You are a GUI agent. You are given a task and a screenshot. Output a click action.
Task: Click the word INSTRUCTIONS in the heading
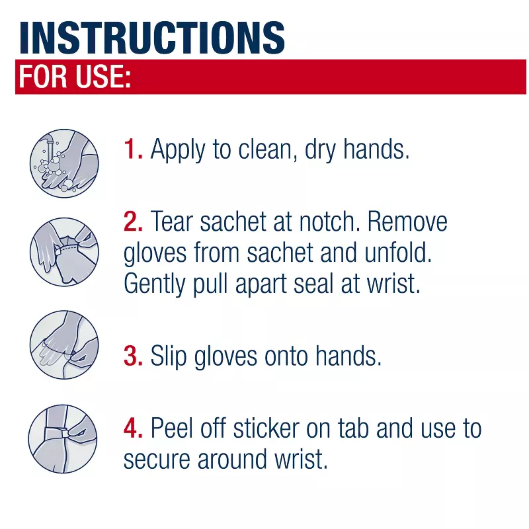tap(152, 38)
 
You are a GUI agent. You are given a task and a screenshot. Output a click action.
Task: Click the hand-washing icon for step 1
tap(64, 163)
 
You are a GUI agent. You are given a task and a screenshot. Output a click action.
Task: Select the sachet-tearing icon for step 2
tap(64, 252)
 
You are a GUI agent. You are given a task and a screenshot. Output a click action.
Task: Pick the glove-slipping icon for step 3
tap(64, 344)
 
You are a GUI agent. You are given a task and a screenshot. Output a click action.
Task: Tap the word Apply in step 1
tap(177, 150)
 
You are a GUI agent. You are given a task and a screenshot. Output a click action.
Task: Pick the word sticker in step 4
tap(266, 428)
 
